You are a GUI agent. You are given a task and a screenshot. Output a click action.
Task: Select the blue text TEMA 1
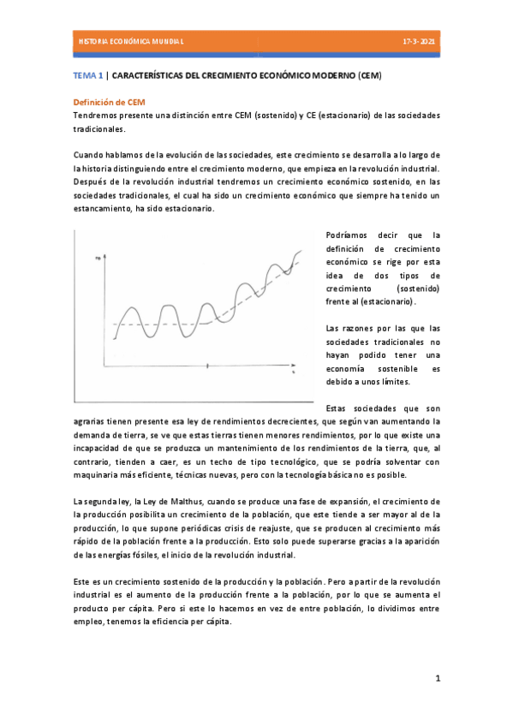coord(88,76)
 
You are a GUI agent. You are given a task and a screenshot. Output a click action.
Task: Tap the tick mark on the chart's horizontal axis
coord(208,366)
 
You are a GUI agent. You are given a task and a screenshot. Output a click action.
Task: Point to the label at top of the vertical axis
coord(98,257)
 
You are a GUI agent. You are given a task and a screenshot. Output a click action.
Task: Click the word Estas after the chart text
coord(341,408)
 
